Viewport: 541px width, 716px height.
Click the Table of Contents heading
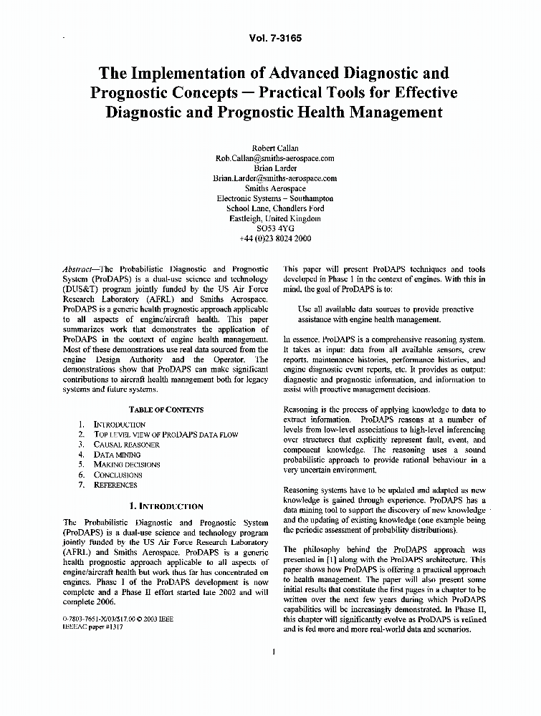coord(166,410)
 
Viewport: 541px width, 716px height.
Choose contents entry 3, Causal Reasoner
coord(127,445)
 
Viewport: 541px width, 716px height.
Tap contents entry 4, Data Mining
coord(117,455)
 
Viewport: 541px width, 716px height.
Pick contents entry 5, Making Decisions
coord(127,465)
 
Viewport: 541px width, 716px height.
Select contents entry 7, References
coord(115,485)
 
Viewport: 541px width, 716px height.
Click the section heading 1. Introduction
coord(166,505)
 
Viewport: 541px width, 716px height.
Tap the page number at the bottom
coord(274,652)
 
